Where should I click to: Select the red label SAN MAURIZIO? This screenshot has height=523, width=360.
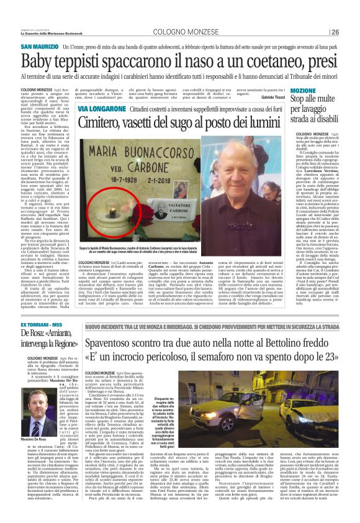pyautogui.click(x=41, y=47)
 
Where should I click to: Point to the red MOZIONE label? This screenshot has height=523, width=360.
pyautogui.click(x=289, y=89)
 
